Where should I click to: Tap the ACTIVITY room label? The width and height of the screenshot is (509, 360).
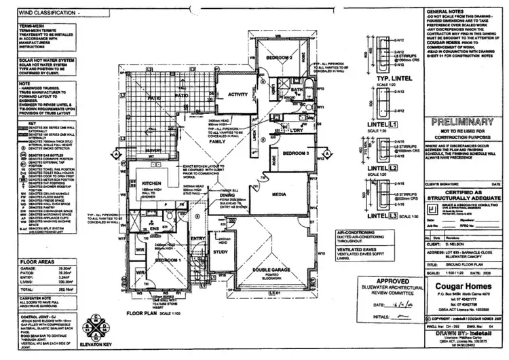(238, 94)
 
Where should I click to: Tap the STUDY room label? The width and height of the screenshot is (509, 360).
(221, 253)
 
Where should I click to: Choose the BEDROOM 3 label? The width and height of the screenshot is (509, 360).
(288, 154)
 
